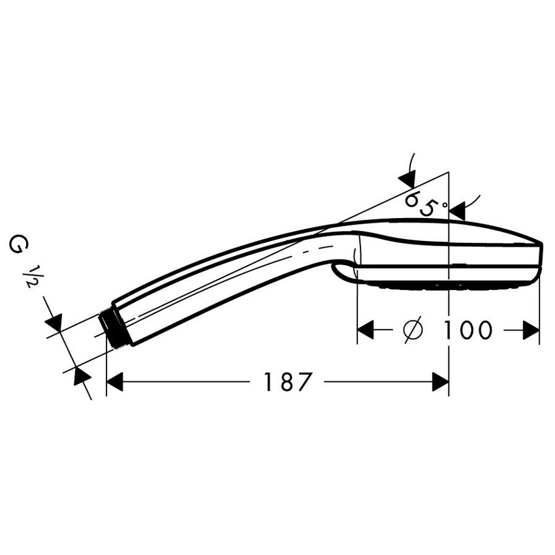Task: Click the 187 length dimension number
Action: point(285,382)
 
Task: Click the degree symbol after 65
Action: point(444,204)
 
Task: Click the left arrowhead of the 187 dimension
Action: point(114,382)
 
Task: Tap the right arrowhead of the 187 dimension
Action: point(441,382)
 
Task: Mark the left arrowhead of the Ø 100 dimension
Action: point(366,330)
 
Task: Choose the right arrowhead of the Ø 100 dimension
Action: point(531,330)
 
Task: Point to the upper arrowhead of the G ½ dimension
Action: point(54,322)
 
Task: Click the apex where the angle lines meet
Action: point(449,173)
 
